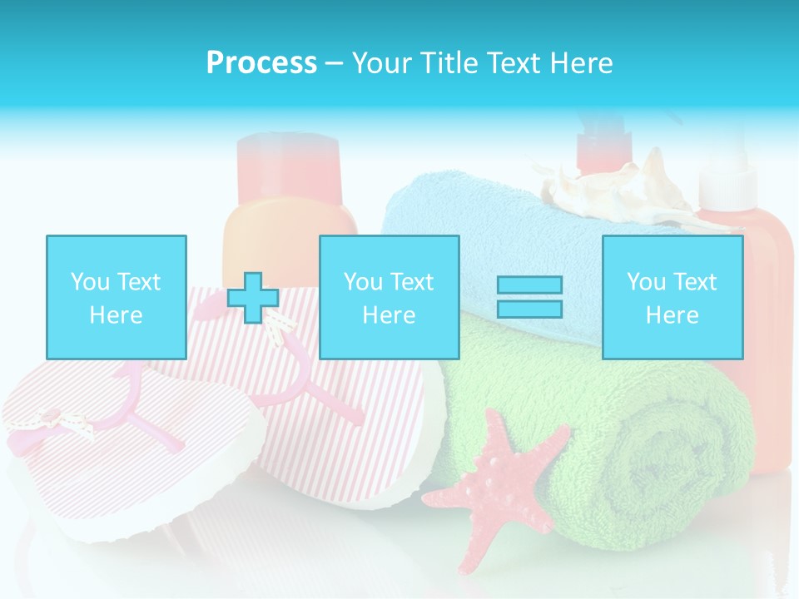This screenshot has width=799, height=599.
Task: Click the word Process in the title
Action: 261,63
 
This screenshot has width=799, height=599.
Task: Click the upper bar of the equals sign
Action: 529,285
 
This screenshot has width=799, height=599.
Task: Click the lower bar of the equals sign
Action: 529,309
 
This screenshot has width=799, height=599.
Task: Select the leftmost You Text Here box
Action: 116,297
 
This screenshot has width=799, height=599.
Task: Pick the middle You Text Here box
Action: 389,297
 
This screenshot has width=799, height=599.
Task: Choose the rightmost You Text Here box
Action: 672,297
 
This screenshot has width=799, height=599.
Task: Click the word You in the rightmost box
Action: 646,282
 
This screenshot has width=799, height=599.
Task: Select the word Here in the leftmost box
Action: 116,315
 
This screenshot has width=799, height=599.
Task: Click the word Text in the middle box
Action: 412,282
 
